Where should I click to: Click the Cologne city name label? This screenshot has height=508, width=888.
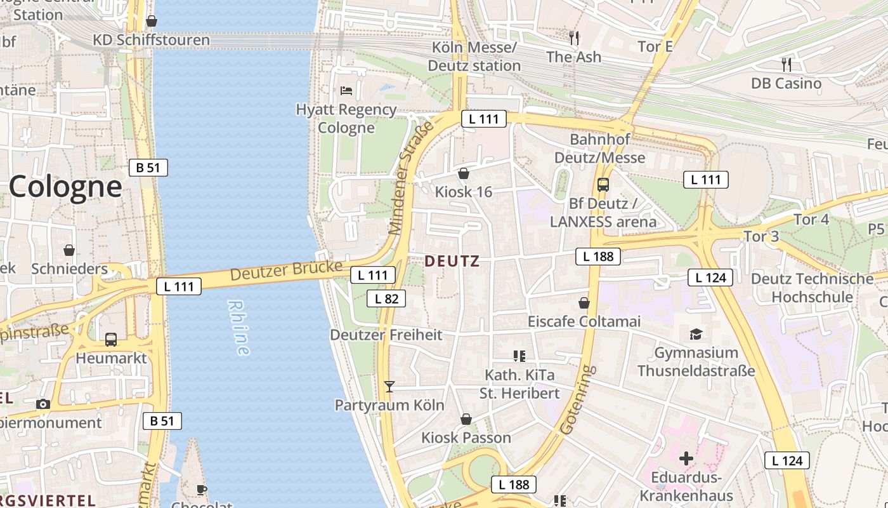65,187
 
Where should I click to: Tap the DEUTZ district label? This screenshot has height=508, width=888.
452,261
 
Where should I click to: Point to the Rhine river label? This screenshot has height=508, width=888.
237,328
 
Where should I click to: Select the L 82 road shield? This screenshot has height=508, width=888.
386,298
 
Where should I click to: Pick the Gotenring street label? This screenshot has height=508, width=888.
576,400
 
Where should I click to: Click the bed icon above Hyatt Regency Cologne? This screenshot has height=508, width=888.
346,90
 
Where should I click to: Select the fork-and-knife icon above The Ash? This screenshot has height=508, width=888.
574,37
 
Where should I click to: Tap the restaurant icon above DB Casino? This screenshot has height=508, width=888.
787,64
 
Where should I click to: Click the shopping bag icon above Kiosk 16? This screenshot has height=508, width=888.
464,173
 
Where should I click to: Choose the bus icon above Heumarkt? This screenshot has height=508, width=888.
111,339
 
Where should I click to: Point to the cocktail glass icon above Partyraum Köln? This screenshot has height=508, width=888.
389,386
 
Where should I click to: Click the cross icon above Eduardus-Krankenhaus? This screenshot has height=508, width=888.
686,458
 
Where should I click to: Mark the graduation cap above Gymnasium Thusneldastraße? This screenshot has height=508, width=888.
696,333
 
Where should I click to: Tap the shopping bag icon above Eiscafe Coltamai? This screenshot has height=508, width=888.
584,303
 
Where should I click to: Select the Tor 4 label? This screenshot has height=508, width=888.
811,220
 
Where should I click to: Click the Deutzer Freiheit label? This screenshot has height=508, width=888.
386,335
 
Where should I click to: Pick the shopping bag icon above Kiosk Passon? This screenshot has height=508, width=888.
466,419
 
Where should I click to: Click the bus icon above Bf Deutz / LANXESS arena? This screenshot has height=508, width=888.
603,185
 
